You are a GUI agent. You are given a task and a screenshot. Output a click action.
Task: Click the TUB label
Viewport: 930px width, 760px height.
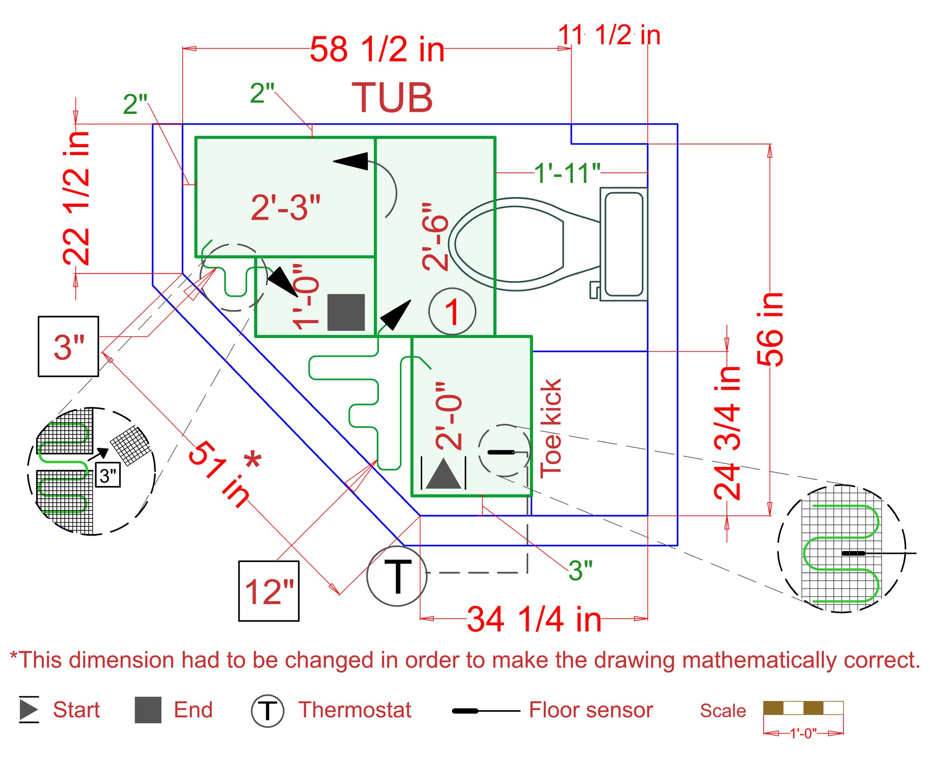pos(392,98)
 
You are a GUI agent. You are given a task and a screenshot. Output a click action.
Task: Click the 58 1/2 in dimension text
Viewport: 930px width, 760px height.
pos(377,49)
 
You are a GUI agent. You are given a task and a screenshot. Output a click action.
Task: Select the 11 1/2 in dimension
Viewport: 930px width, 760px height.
pos(609,35)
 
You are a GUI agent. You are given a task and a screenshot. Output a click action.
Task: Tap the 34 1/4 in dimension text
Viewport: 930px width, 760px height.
pos(534,619)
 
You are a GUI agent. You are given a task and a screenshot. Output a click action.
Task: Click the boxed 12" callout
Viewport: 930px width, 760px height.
pos(269,591)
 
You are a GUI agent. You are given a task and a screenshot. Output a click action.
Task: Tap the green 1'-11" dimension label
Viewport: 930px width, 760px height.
pos(567,173)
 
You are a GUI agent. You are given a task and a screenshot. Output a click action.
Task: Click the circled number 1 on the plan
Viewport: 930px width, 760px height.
pos(452,311)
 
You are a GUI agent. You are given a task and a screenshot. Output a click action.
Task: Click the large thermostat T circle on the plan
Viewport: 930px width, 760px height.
pos(397,576)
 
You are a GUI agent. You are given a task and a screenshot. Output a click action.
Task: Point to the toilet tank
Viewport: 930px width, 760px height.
pos(624,244)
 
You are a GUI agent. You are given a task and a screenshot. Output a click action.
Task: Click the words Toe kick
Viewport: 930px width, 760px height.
pos(551,428)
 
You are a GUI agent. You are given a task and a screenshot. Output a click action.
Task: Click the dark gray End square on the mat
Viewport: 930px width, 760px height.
pos(346,312)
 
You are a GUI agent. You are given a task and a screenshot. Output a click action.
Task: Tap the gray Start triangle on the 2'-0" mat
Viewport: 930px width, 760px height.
pos(443,474)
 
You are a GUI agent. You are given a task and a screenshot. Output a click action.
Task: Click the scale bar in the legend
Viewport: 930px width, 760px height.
pos(803,708)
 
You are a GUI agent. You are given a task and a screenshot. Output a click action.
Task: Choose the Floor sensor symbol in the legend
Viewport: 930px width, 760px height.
pos(485,710)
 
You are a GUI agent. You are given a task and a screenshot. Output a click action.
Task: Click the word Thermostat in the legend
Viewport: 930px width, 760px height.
pos(355,710)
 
